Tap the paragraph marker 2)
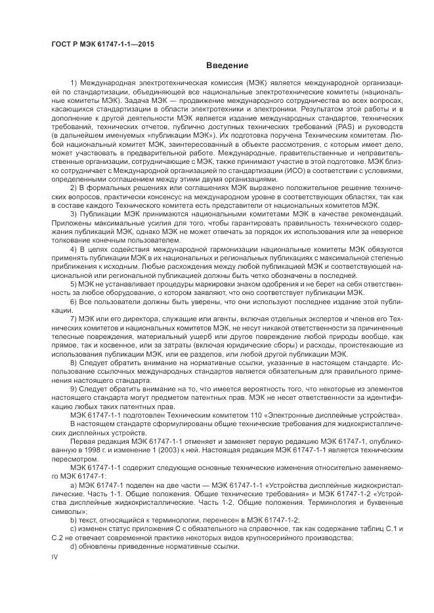pyautogui.click(x=73, y=188)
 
